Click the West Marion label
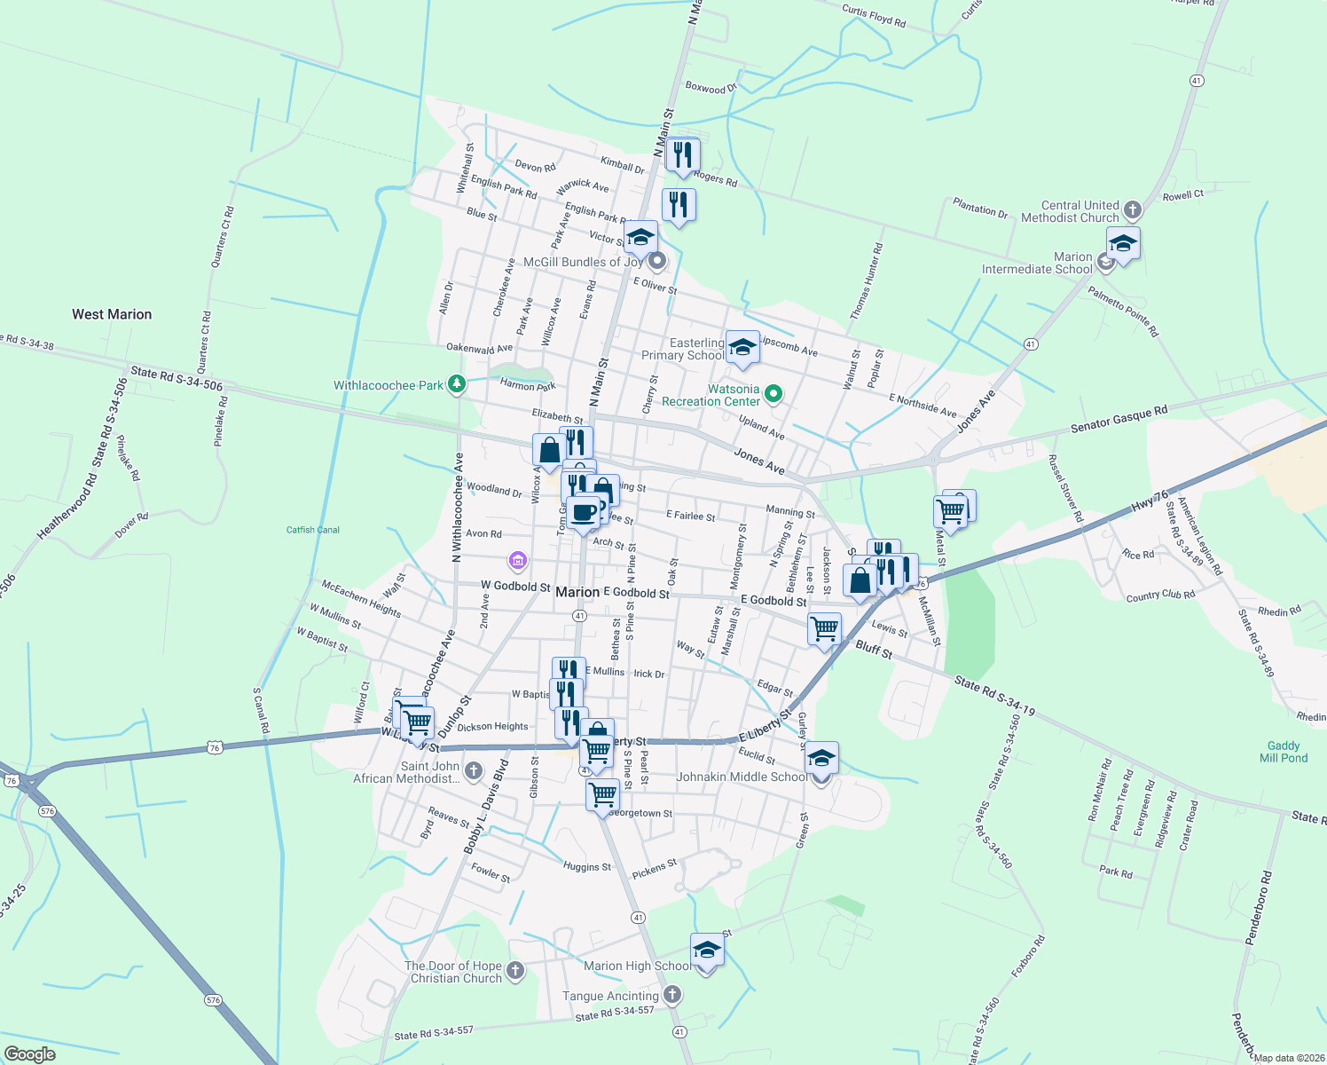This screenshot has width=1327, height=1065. [x=112, y=314]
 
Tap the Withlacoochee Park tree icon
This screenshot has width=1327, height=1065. [x=457, y=384]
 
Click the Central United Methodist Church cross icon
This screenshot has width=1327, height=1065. [x=1132, y=210]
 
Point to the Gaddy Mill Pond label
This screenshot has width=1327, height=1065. [x=1283, y=752]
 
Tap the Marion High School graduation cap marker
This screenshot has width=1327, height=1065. [x=706, y=951]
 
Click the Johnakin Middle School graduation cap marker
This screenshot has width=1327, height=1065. [x=821, y=759]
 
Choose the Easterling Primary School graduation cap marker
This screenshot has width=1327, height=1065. [x=742, y=347]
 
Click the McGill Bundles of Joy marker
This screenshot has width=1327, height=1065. [x=657, y=261]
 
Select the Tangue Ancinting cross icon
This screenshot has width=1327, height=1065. [x=672, y=995]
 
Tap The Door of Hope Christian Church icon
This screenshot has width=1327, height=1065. [x=515, y=971]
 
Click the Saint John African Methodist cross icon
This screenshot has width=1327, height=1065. [x=474, y=770]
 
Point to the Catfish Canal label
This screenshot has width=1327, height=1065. [x=313, y=530]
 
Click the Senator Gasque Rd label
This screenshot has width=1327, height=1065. [x=1119, y=420]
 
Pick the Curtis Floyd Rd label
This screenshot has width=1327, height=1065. [x=873, y=17]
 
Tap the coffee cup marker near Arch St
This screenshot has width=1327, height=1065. [x=584, y=513]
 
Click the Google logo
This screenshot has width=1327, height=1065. [x=29, y=1053]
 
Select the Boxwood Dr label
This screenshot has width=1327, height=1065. [x=711, y=88]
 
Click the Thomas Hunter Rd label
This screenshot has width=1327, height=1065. [x=866, y=281]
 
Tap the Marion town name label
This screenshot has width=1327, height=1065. [x=577, y=592]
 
